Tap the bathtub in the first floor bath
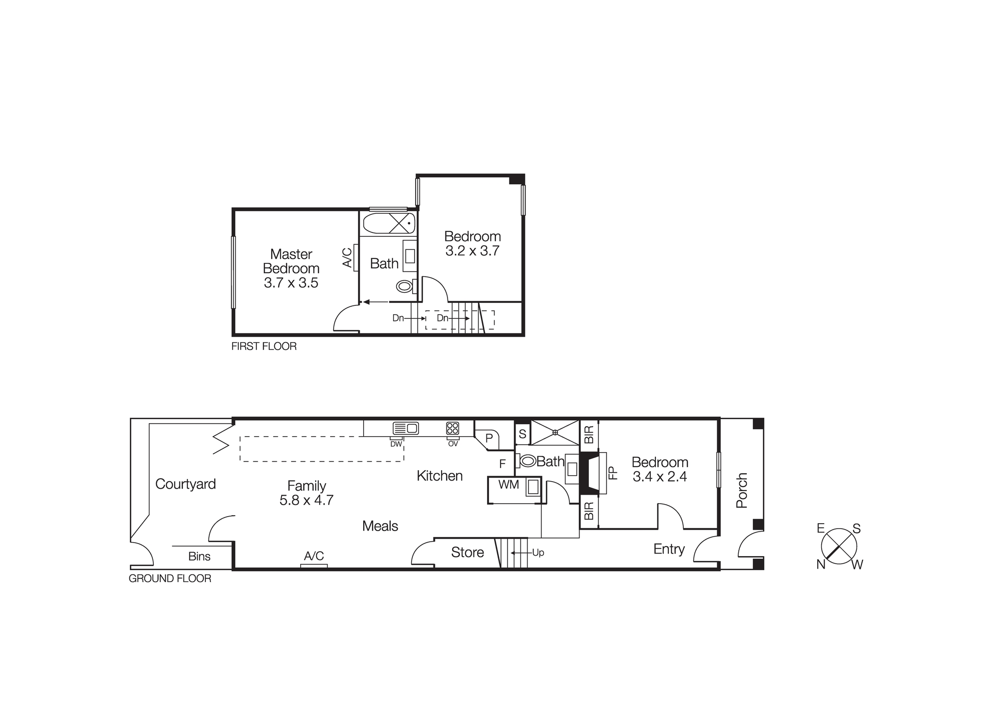point(389,223)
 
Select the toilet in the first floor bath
point(404,286)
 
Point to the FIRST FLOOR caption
point(264,346)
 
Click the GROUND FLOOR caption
point(170,579)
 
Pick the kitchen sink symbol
point(406,428)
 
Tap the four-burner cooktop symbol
point(453,428)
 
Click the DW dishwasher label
point(396,444)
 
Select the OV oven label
point(453,444)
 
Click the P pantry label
point(489,438)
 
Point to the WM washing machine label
point(508,484)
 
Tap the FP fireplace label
point(613,473)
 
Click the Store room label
point(468,552)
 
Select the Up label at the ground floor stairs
point(538,553)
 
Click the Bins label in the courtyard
point(199,556)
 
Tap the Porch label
point(742,491)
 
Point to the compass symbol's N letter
point(821,565)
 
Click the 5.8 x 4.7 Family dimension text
point(306,500)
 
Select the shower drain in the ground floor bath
point(555,433)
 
